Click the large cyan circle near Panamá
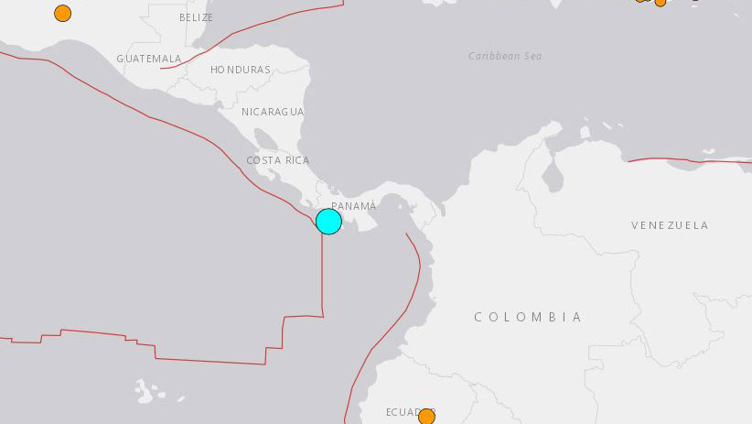(328, 222)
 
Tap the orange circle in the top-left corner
(62, 13)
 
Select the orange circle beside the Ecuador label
(426, 417)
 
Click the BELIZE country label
(196, 17)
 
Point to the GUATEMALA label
(149, 59)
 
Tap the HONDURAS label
(241, 70)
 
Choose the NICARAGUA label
(273, 112)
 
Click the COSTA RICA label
(277, 160)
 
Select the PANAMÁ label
(353, 206)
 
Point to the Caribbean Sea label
(505, 56)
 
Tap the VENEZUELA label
(670, 224)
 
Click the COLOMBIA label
(528, 317)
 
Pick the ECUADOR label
(405, 412)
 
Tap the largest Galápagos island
(144, 391)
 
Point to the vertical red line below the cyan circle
(322, 275)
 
